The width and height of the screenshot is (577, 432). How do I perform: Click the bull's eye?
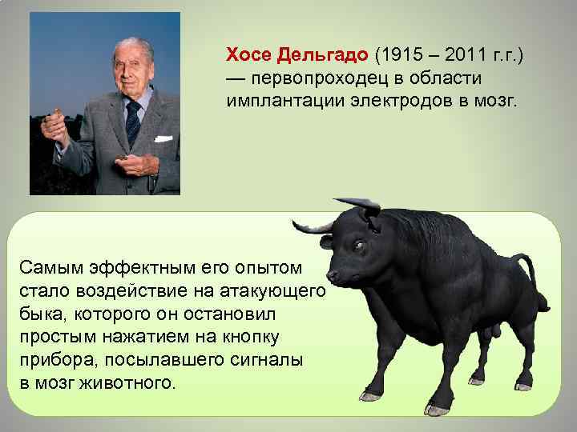tap(357, 245)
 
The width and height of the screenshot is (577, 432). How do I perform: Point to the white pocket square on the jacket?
tap(163, 138)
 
